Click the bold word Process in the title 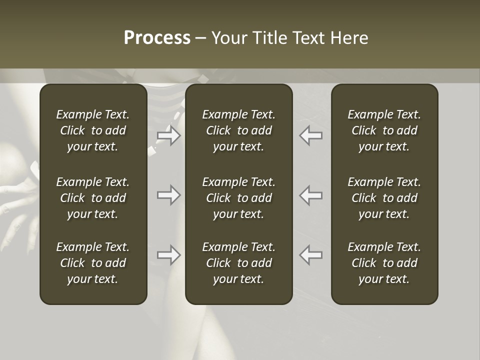157,38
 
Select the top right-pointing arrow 169,135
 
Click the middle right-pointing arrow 169,195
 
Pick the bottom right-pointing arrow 169,255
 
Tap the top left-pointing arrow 310,135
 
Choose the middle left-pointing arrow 310,195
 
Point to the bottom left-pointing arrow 310,255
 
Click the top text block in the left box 93,130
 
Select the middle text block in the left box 93,198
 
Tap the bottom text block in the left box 93,263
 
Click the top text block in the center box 239,130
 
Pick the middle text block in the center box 239,198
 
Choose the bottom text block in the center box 239,263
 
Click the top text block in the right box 384,130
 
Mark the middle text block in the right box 384,198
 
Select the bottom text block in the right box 384,263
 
